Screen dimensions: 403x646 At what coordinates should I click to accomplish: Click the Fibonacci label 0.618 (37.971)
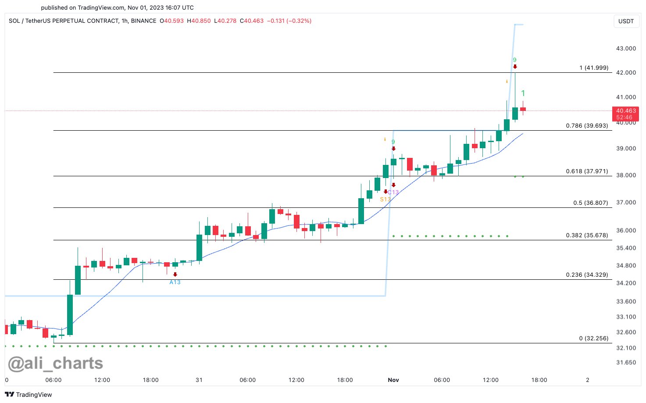pos(587,171)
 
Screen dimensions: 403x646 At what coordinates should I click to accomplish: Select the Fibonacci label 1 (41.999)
pos(594,68)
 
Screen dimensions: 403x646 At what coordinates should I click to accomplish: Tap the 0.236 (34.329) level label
pos(587,275)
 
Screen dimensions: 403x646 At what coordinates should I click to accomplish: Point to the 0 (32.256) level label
pos(593,339)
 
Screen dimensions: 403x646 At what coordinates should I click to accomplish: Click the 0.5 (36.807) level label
pos(590,203)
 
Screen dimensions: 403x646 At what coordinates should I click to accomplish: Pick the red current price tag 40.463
pos(625,111)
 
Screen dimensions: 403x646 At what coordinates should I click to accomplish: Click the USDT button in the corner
pos(626,21)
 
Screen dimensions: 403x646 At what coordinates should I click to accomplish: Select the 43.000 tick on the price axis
pos(626,48)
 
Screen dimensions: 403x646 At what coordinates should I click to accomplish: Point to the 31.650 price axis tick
pos(626,363)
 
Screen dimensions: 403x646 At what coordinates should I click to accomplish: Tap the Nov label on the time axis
pos(393,380)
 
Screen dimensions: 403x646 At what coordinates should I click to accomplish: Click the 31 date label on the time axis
pos(199,380)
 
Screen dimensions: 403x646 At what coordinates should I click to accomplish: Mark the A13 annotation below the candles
pos(175,282)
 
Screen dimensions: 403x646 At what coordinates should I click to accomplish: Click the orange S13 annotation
pos(385,200)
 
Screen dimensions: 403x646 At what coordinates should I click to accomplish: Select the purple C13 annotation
pos(394,193)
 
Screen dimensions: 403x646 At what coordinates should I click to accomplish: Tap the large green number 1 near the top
pos(523,93)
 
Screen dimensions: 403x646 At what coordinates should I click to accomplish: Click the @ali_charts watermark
pos(56,364)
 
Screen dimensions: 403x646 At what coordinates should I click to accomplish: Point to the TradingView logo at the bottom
pos(29,395)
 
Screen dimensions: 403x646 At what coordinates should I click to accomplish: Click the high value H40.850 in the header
pos(199,21)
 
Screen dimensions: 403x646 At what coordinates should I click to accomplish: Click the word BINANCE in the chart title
pos(143,21)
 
